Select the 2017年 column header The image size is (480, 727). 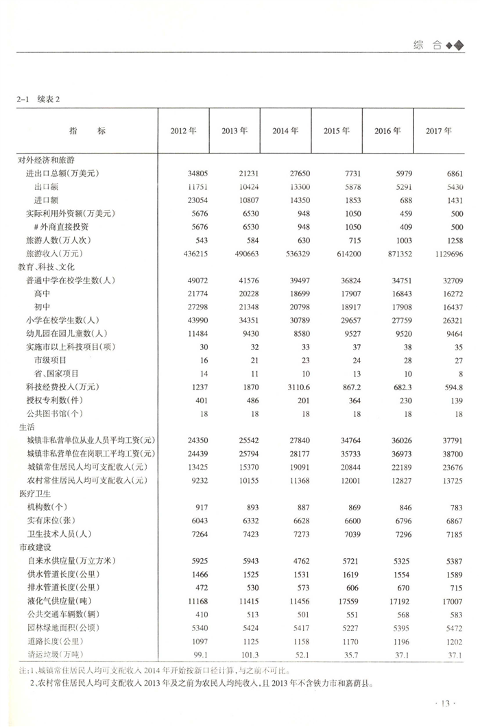(x=439, y=131)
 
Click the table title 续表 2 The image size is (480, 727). (x=48, y=99)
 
